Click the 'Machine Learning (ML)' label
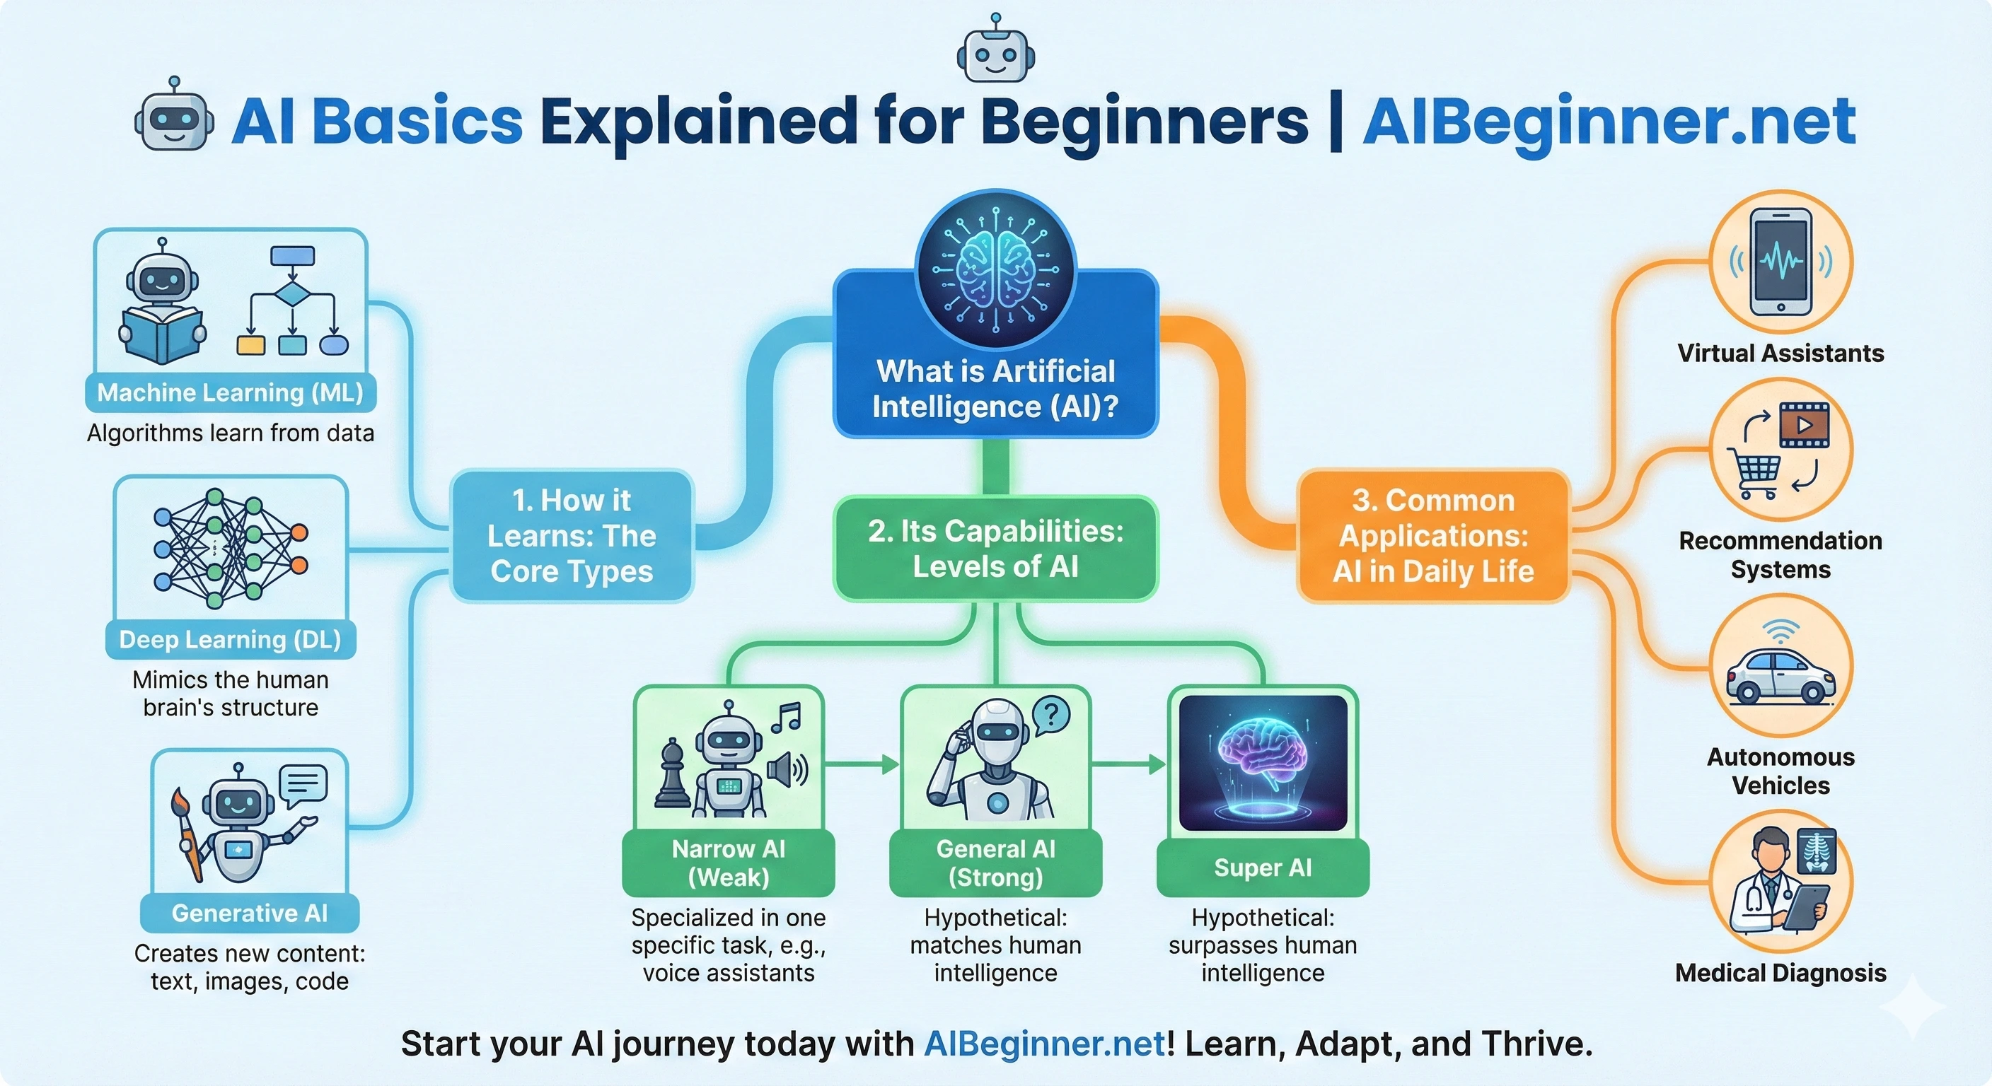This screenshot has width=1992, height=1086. [x=231, y=392]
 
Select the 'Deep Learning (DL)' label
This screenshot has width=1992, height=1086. [x=231, y=640]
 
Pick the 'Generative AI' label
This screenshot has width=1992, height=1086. [x=249, y=913]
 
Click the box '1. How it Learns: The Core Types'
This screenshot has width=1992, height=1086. [x=572, y=536]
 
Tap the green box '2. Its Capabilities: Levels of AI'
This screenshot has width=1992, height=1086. [x=995, y=549]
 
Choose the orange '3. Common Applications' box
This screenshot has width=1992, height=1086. [x=1433, y=536]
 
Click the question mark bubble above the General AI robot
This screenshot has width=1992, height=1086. [x=1051, y=714]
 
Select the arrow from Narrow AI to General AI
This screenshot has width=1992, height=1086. [x=862, y=764]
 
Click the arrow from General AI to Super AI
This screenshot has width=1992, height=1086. [x=1128, y=764]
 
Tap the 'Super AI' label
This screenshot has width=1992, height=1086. [x=1262, y=868]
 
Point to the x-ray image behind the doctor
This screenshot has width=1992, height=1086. [x=1816, y=851]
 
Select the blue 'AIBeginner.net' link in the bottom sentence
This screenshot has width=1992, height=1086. [x=1044, y=1044]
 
